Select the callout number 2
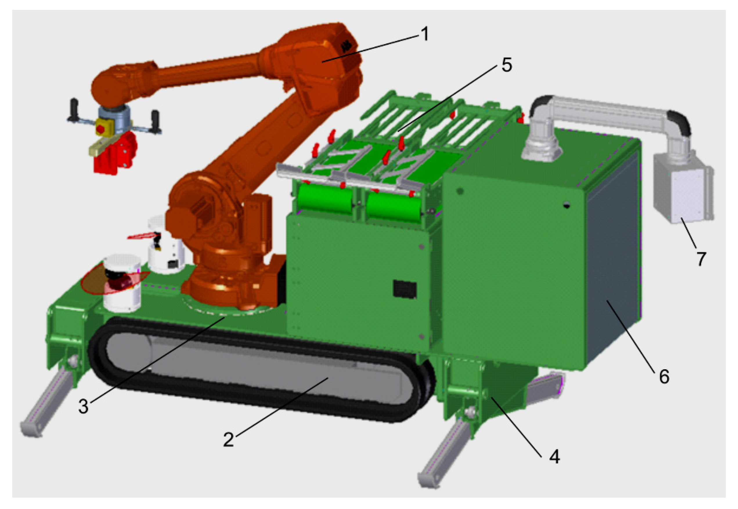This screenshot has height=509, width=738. [228, 439]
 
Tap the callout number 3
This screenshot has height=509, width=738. [84, 407]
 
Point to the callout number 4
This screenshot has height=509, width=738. [554, 457]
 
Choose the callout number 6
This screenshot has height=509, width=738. [664, 377]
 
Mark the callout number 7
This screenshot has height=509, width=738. [701, 259]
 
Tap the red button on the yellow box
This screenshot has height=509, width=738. [100, 129]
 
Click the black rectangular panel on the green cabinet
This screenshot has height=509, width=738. [405, 289]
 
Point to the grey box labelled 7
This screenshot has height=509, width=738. [683, 188]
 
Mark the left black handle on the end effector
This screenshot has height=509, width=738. [74, 109]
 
